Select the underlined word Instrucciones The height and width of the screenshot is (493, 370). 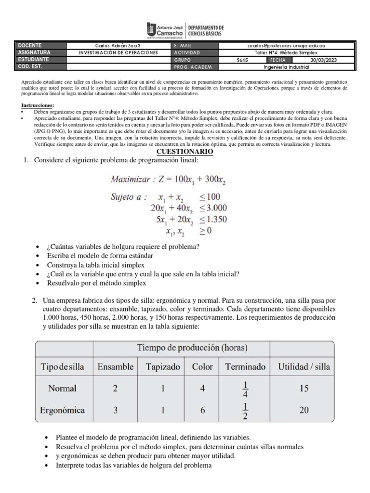tap(38, 105)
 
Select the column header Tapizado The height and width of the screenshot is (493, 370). tap(163, 367)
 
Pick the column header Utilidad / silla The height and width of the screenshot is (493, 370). tap(304, 367)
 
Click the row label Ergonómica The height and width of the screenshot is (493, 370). tap(63, 410)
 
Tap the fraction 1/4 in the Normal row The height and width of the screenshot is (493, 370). tap(245, 389)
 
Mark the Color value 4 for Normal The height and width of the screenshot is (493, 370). tap(202, 389)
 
